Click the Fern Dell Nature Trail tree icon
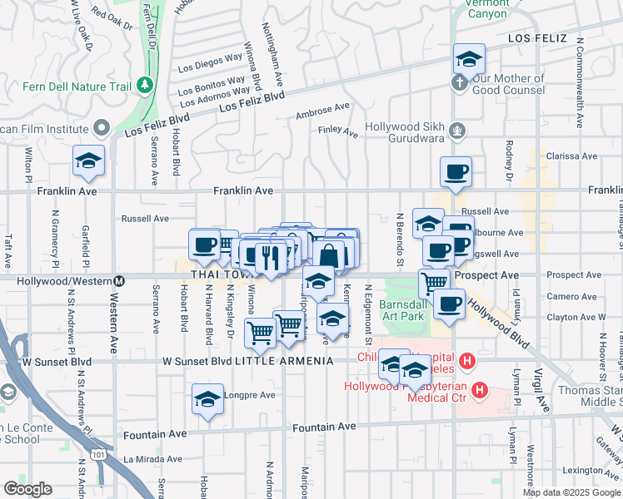point(145,85)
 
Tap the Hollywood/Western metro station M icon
point(120,281)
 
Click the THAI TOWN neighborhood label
point(220,274)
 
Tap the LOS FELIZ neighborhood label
point(538,39)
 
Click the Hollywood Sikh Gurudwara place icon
point(456,130)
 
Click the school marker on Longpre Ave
point(207,400)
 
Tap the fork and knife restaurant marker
point(267,256)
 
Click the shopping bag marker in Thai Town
point(330,254)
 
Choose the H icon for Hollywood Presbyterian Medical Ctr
point(480,389)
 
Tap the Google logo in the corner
point(27,489)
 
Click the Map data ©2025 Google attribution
point(571,492)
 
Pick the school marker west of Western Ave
point(87,162)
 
